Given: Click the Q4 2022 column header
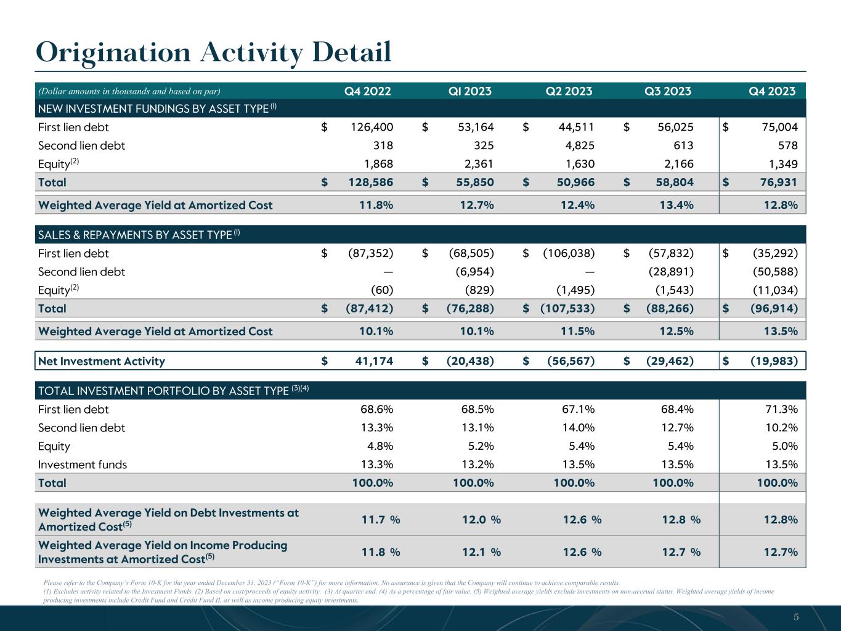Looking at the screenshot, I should [x=367, y=91].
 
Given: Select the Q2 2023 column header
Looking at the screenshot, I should [x=569, y=91].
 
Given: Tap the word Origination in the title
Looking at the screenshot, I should [x=113, y=52].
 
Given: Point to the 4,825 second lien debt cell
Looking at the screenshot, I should [x=577, y=146].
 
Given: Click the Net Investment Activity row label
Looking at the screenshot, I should [x=102, y=361].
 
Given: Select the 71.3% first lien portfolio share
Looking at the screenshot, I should [x=781, y=409].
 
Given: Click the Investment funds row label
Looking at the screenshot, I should [x=83, y=465].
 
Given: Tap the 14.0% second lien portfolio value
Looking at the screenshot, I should [x=577, y=428].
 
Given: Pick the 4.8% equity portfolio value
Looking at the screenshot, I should [x=377, y=446].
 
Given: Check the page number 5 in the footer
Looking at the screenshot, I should [x=796, y=617].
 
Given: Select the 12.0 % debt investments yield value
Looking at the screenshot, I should [x=481, y=519].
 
